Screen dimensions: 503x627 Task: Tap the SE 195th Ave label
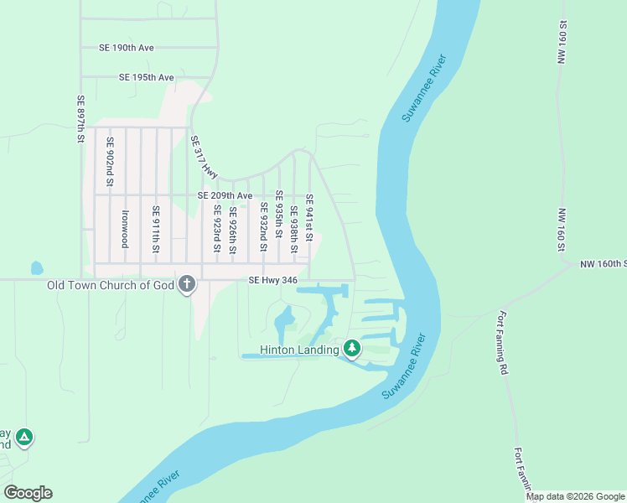coord(146,77)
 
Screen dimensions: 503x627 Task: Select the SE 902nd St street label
coord(109,162)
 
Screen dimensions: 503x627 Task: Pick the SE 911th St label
coord(155,230)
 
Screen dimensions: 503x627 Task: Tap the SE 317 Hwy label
coord(205,156)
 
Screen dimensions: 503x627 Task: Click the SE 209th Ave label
coord(225,195)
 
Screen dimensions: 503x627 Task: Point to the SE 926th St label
coord(232,231)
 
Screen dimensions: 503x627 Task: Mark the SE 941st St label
coord(308,218)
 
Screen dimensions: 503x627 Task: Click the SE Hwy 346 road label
coord(273,281)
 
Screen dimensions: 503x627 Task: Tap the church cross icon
coord(187,286)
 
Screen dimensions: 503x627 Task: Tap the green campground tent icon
coord(25,437)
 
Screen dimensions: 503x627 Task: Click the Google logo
coord(28,493)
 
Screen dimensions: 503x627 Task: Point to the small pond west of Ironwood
coord(36,269)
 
